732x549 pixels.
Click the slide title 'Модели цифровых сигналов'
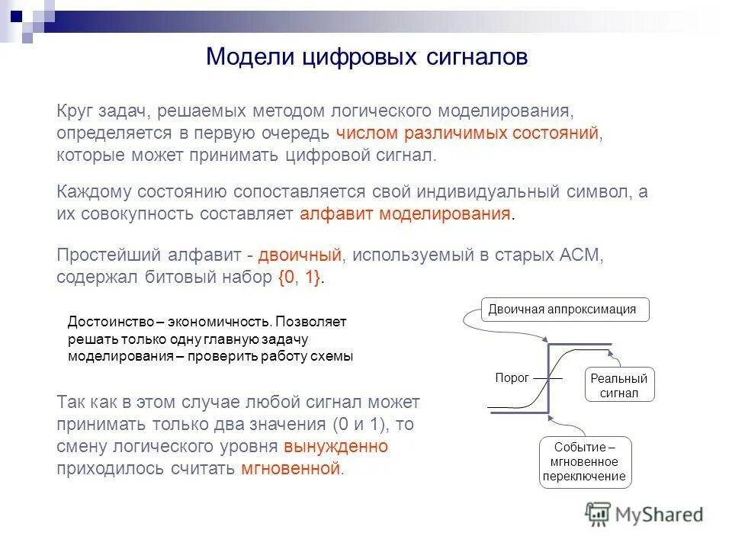[367, 57]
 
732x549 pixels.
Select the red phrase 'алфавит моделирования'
[405, 213]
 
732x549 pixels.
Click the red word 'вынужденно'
[335, 446]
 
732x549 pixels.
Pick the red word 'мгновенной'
[290, 468]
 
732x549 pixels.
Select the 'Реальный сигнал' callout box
[618, 386]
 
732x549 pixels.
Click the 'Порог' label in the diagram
[512, 377]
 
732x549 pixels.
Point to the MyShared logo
[644, 513]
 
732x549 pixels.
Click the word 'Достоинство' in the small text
[104, 322]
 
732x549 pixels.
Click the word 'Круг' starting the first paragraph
[75, 111]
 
